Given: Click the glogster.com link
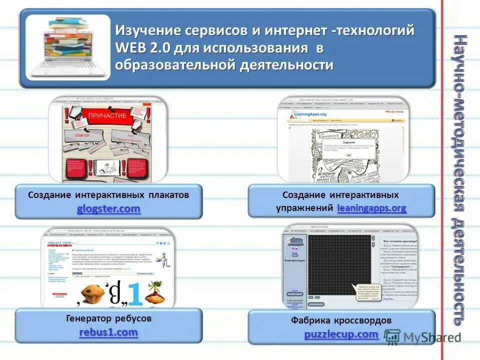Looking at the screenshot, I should coord(108,209).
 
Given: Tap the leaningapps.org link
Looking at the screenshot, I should coord(371,208).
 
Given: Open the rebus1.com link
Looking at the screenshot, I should coord(108,332).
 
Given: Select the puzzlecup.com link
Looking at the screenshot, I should coord(341,333).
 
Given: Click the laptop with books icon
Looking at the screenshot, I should coord(67,48).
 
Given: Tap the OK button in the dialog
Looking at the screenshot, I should coord(348,155).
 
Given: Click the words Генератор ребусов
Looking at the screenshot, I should coord(108,318).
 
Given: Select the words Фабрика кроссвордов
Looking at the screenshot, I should coord(341,320).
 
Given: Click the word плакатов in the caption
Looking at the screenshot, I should coord(168,195).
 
